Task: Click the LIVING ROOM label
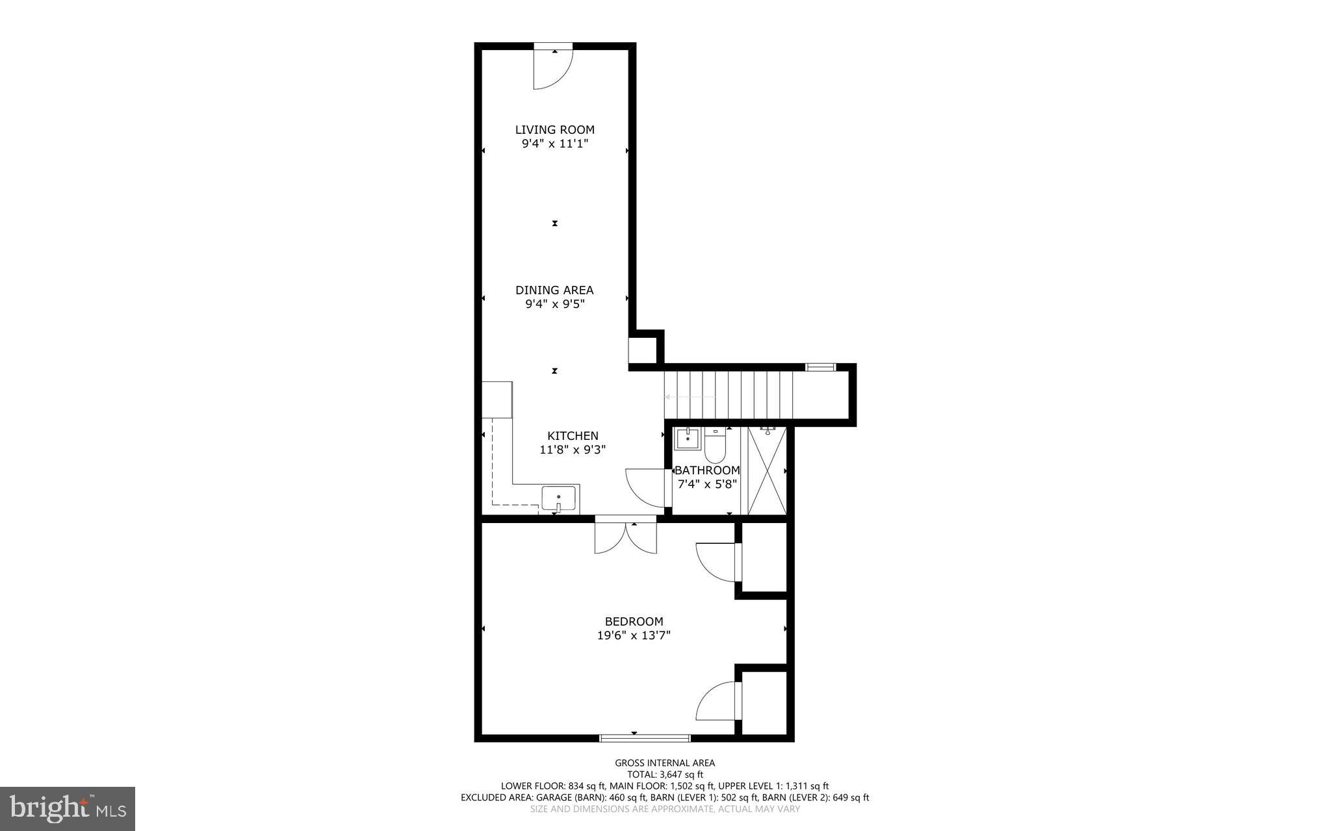pos(554,130)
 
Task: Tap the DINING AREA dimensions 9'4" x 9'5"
pos(554,304)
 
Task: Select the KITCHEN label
pos(573,436)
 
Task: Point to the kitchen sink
pos(559,499)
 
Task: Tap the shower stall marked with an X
pos(767,471)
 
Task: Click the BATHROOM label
pos(706,470)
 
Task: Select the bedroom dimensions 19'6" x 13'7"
pos(634,635)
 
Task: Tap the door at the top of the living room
pos(552,66)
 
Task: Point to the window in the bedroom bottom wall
pos(644,737)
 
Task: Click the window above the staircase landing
pos(820,368)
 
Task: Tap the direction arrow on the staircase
pos(690,397)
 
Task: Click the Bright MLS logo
pos(68,808)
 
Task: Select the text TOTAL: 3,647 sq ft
pos(664,774)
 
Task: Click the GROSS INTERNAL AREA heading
pos(664,763)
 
